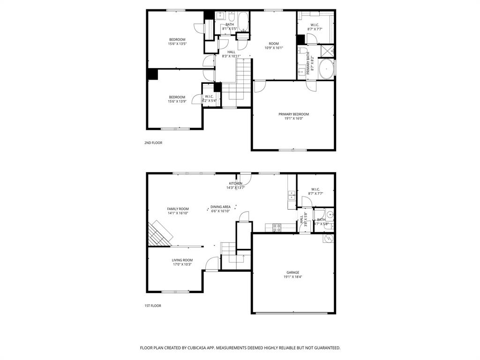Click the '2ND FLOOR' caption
pos(153,142)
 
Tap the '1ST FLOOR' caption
pos(152,306)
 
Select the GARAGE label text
pos(293,272)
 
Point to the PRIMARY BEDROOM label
pos(293,114)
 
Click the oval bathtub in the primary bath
pos(326,69)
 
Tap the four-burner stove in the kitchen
pos(277,228)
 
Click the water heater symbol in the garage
pos(328,239)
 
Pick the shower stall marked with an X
pos(327,51)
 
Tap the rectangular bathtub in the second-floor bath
pos(243,20)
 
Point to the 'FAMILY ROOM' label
pos(178,209)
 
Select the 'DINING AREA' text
pos(220,207)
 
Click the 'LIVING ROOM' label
pos(182,260)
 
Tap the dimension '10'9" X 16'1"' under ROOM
pos(273,48)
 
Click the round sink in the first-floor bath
pos(330,215)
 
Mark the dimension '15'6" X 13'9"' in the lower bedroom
pos(177,101)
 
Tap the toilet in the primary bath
pos(303,51)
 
